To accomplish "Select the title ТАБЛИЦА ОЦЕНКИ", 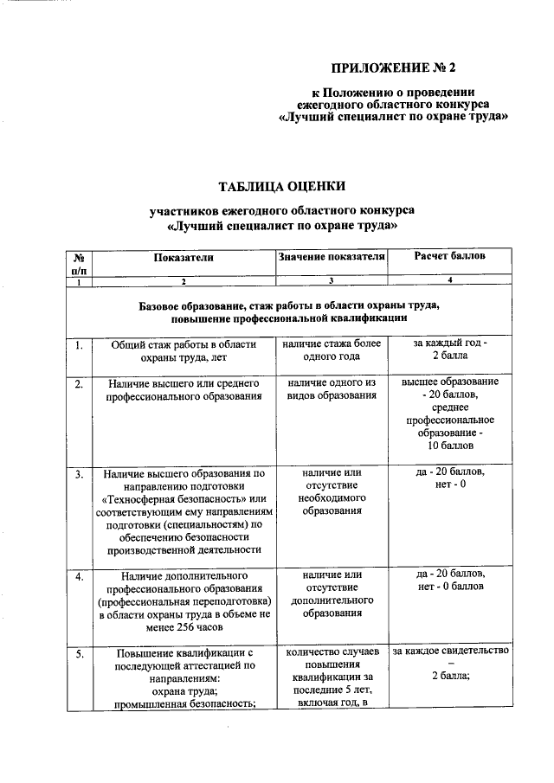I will click(282, 186).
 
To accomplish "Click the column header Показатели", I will click(183, 257).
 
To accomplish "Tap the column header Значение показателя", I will click(331, 257).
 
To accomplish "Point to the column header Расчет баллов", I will click(449, 257).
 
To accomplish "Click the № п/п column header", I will click(79, 263).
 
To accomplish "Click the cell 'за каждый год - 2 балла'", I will click(449, 350).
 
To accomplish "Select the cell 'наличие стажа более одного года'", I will click(331, 350).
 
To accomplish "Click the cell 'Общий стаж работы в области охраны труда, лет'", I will click(183, 350).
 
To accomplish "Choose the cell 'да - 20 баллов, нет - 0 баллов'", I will click(449, 581).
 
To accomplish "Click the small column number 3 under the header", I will click(331, 282).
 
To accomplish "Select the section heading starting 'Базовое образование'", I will click(289, 312).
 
